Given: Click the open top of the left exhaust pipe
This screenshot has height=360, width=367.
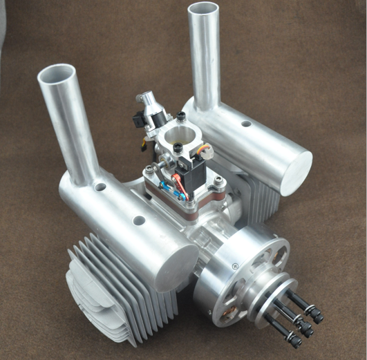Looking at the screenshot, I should [57, 74].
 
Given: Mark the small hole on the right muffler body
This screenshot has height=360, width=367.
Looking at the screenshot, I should [246, 124].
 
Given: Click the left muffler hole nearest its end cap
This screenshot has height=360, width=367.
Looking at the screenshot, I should [139, 221].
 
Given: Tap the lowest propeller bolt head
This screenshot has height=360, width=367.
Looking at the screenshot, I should [296, 340].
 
